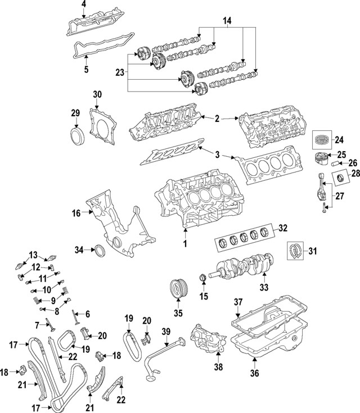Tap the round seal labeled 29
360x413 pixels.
(75, 137)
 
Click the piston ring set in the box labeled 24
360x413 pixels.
(323, 139)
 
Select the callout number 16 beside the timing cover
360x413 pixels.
(77, 212)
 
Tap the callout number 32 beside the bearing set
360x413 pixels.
(283, 229)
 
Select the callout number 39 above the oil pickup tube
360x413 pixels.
(165, 332)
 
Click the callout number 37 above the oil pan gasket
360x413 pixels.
(238, 303)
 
